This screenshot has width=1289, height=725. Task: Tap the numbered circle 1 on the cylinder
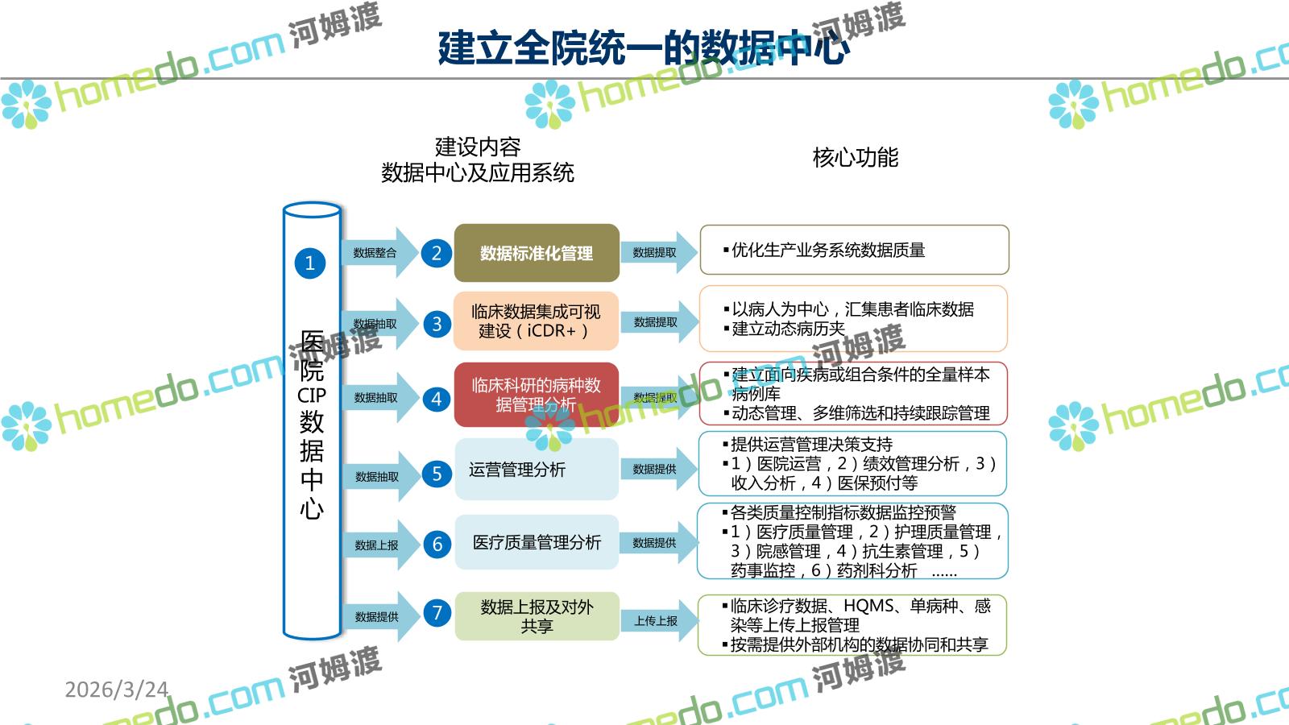point(310,263)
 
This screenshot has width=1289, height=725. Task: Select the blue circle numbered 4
point(437,399)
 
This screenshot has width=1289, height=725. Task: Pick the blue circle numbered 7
point(437,613)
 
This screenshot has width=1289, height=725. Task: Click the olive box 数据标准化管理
point(537,253)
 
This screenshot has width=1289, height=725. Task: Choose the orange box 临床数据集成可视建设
point(536,321)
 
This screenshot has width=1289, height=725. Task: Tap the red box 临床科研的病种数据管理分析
point(536,395)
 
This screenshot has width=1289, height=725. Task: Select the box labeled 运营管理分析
point(536,470)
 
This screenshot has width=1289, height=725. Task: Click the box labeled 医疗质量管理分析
point(537,542)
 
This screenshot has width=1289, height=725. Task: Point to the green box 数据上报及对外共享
point(537,616)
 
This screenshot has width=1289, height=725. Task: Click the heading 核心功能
point(855,157)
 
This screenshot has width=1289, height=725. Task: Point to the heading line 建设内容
point(478,147)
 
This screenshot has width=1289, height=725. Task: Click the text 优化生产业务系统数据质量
point(828,251)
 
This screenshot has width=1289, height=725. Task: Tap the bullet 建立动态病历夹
point(788,329)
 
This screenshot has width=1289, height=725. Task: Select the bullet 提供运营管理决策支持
point(811,445)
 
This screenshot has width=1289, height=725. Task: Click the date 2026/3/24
point(117,690)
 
